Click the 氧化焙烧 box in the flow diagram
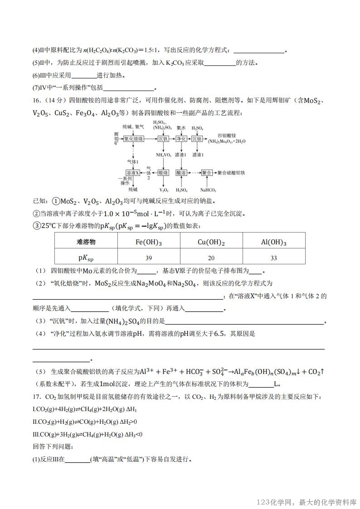click(x=134, y=139)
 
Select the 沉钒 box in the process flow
click(x=163, y=139)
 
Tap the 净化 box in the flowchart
click(x=181, y=139)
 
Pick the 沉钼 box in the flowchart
click(x=197, y=139)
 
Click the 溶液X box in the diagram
click(x=132, y=173)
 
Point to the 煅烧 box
click(x=163, y=173)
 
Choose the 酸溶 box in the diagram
click(x=181, y=173)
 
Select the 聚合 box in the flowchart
click(x=207, y=173)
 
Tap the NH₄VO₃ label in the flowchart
click(x=163, y=155)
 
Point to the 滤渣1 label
click(x=181, y=155)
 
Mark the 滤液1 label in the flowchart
click(x=197, y=155)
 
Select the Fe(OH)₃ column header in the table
click(x=149, y=242)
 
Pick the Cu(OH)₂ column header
click(x=211, y=242)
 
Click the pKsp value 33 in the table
click(x=274, y=257)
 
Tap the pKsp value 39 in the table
click(x=149, y=257)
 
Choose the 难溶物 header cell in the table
click(x=86, y=242)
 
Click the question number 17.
click(x=36, y=397)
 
